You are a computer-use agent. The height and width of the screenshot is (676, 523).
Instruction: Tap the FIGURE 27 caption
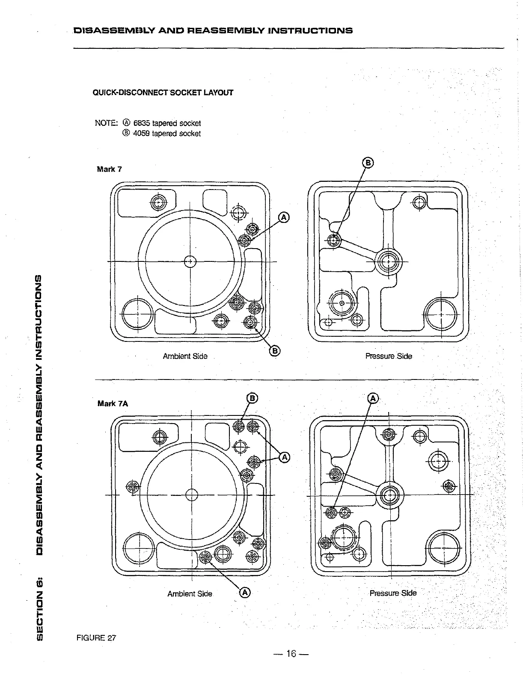(x=96, y=637)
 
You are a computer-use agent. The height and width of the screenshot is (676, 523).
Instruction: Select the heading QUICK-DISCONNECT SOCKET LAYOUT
(x=163, y=92)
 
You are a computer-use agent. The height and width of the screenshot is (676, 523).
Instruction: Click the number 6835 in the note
(x=142, y=123)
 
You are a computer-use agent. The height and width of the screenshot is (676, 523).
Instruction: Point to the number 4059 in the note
(x=142, y=133)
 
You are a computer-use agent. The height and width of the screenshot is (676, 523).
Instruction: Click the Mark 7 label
(x=110, y=169)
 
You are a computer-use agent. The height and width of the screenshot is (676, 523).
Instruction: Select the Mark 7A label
(x=113, y=403)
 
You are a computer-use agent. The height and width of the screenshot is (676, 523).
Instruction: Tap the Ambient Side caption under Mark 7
(x=185, y=356)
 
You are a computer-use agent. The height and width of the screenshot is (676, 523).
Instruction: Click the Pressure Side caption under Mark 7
(x=389, y=356)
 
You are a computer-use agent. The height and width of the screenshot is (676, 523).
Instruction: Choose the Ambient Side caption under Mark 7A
(x=190, y=594)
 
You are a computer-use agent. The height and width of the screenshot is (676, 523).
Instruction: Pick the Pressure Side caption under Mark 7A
(x=393, y=593)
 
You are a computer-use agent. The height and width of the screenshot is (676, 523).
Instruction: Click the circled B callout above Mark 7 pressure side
(x=368, y=163)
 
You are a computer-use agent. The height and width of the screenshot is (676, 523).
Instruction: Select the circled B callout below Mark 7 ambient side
(x=274, y=351)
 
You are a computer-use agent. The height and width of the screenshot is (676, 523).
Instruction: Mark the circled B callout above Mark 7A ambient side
(x=253, y=398)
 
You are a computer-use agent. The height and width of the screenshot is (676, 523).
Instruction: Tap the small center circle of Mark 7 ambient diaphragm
(x=189, y=261)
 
